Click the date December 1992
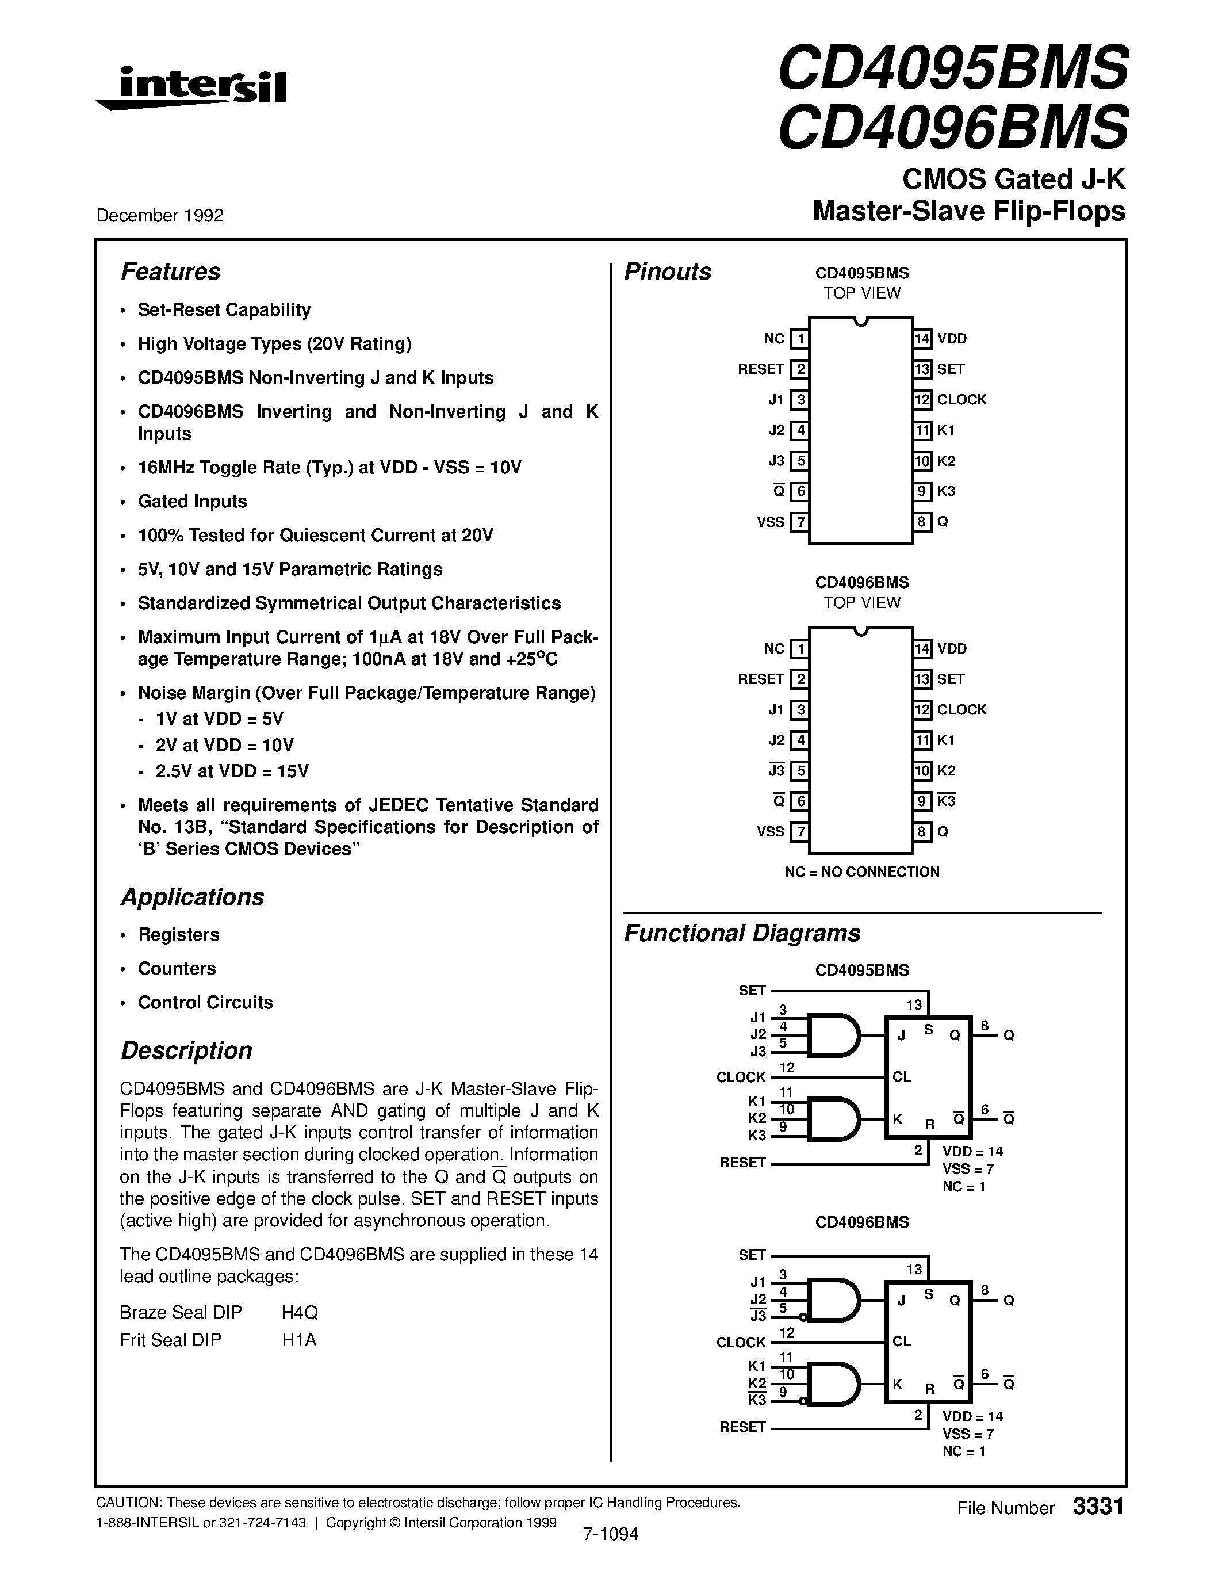pyautogui.click(x=160, y=215)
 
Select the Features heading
pyautogui.click(x=170, y=272)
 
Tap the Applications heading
pyautogui.click(x=193, y=897)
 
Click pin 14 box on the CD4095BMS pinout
pyautogui.click(x=922, y=338)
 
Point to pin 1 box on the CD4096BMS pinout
pyautogui.click(x=799, y=649)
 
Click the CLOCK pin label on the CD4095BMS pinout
pyautogui.click(x=961, y=400)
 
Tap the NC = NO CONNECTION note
pyautogui.click(x=861, y=872)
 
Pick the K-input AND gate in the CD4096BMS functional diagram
pyautogui.click(x=833, y=1384)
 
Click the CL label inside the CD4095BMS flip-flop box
pyautogui.click(x=901, y=1077)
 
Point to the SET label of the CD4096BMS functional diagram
pyautogui.click(x=752, y=1255)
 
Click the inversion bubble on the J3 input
pyautogui.click(x=803, y=1316)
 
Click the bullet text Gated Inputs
pyautogui.click(x=193, y=501)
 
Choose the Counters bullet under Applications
pyautogui.click(x=177, y=968)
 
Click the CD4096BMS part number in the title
pyautogui.click(x=953, y=127)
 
